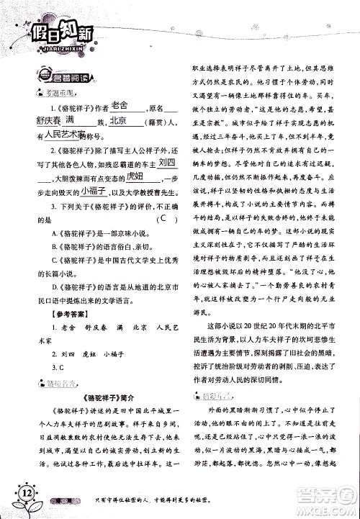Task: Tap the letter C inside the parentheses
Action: (166, 218)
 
